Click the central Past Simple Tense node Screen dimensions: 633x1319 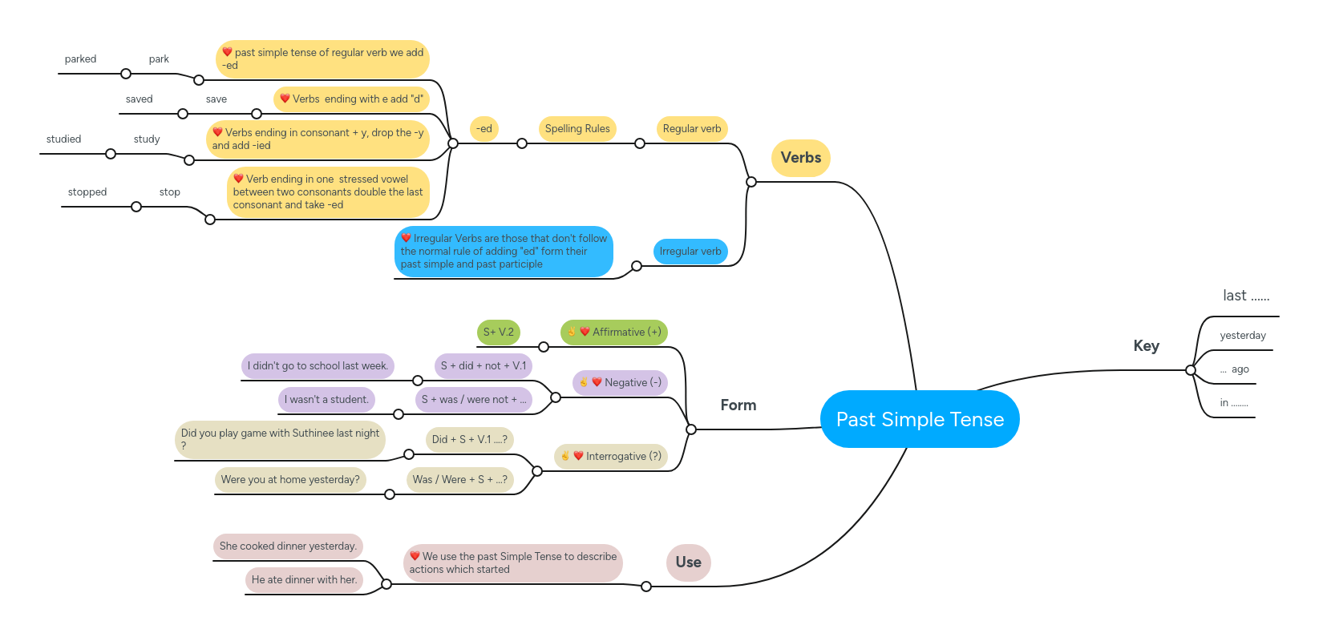[920, 419]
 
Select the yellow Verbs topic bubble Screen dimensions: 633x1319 [800, 158]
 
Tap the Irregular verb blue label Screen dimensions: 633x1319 [690, 252]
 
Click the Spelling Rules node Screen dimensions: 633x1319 [577, 129]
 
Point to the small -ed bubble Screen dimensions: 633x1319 [484, 129]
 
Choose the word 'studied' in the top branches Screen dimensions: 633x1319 [64, 139]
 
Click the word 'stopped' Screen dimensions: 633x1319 [87, 192]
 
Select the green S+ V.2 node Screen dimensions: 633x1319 [498, 333]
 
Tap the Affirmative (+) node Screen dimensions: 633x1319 [614, 333]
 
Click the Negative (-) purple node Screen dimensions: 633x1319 [621, 383]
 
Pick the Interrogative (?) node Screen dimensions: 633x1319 [611, 457]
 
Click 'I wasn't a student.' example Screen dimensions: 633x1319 [326, 400]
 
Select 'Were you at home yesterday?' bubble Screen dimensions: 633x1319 [290, 480]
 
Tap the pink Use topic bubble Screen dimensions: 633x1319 [688, 562]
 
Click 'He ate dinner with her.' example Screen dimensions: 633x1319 [304, 580]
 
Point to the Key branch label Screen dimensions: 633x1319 [1146, 346]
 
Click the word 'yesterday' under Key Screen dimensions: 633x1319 [1242, 336]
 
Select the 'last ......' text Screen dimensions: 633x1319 [1245, 296]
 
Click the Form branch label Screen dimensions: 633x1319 [738, 405]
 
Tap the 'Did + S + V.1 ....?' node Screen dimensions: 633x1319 [469, 440]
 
